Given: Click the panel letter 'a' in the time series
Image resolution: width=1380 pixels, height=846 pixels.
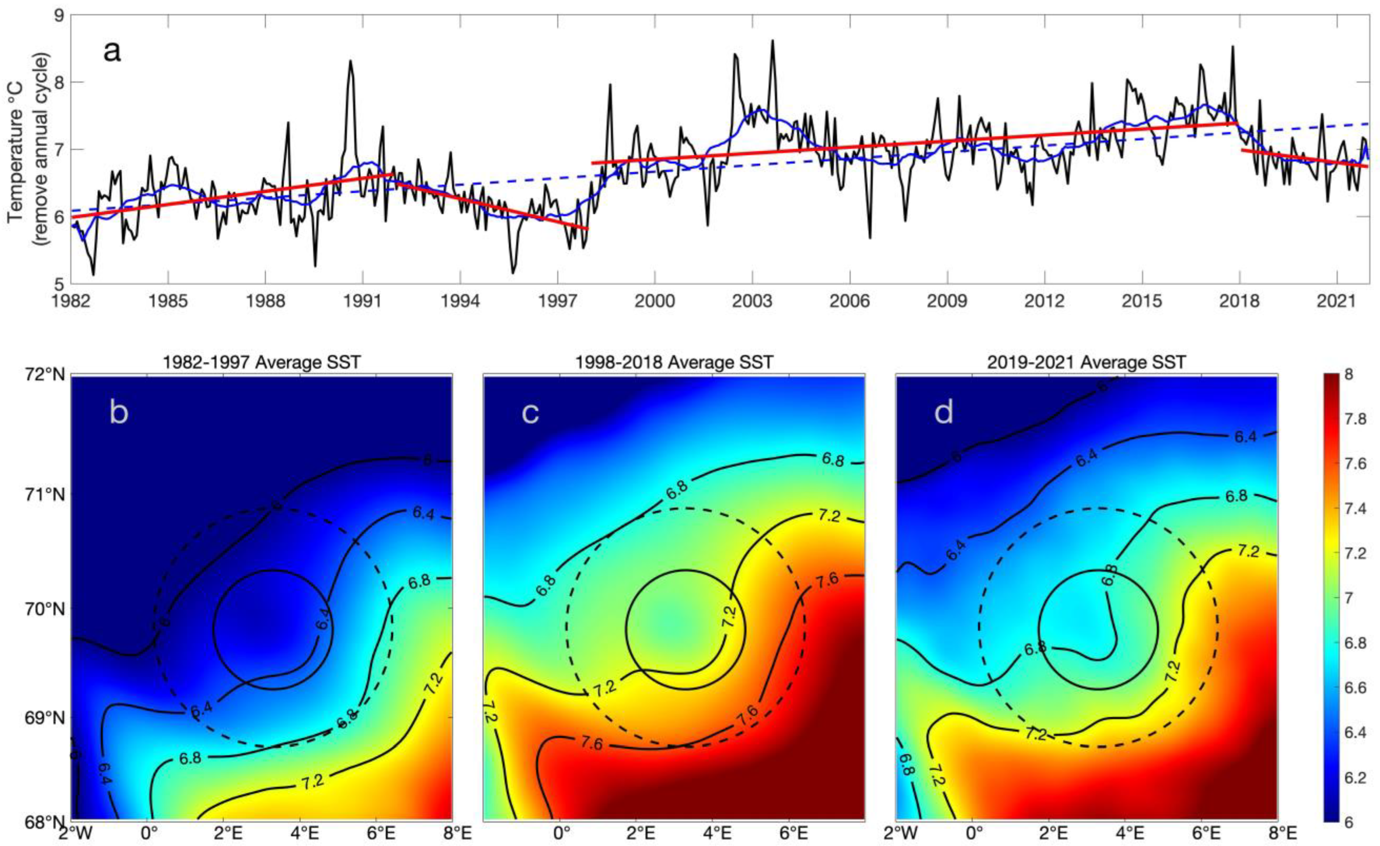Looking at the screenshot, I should coord(112,52).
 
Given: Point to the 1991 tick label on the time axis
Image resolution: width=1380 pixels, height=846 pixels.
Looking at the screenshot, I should coord(362,301).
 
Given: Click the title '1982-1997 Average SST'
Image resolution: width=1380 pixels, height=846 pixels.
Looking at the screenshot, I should coord(262,362).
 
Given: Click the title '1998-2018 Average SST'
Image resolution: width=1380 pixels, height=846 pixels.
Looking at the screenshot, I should coord(674,362).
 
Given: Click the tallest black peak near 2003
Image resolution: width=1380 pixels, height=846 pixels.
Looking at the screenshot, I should coord(773,41).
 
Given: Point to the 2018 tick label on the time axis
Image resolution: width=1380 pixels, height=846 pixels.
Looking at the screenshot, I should coord(1239,301).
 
